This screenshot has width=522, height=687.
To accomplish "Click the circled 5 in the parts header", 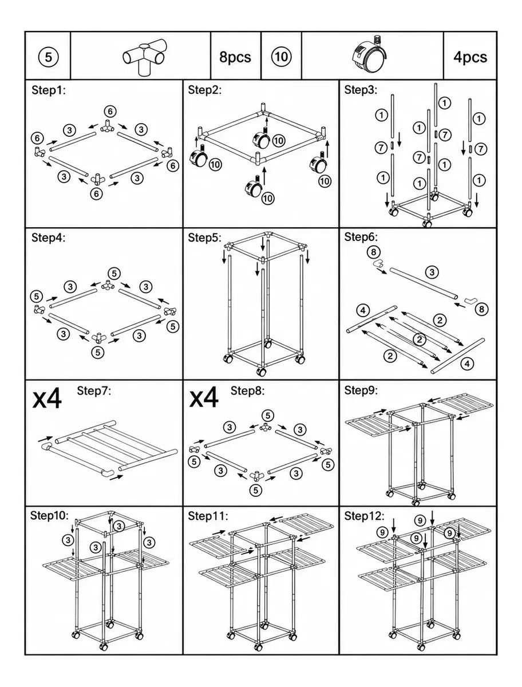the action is tap(48, 57).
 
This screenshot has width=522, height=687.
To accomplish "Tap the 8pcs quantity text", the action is tap(235, 57).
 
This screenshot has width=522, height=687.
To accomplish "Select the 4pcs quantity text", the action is tap(470, 57).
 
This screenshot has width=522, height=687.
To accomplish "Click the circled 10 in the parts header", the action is tap(281, 57).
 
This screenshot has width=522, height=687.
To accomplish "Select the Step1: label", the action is tap(49, 91).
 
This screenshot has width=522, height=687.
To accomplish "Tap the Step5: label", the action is tap(204, 238).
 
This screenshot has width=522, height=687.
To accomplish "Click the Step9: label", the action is tap(361, 390).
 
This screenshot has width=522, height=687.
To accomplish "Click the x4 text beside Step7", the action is tap(47, 398).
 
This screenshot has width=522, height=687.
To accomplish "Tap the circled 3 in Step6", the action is tap(432, 272).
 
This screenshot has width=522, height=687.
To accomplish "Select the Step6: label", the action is tap(361, 237).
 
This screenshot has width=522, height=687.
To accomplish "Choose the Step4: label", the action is tap(49, 238).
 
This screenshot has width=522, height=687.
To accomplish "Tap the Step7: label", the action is tap(94, 390).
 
